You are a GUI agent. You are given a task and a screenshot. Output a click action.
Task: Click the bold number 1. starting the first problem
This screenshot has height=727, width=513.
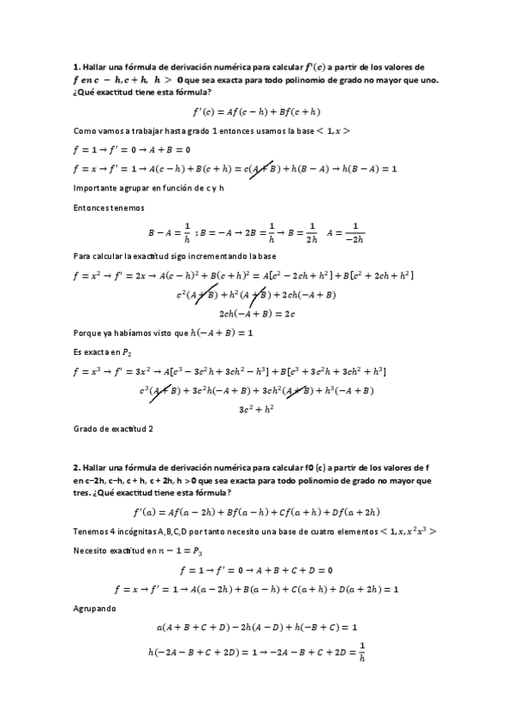[x=76, y=67]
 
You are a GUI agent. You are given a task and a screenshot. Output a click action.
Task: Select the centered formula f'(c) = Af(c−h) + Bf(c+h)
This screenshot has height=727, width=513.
[x=256, y=111]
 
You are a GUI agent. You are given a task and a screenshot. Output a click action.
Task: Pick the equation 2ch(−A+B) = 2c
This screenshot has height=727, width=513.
[x=256, y=313]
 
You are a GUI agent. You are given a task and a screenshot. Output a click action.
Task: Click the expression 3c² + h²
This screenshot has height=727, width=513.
[x=256, y=409]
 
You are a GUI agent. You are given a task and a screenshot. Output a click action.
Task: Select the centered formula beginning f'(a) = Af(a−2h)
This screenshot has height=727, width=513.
[x=256, y=513]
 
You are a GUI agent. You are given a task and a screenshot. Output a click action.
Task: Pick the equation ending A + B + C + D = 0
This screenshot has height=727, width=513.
[x=256, y=569]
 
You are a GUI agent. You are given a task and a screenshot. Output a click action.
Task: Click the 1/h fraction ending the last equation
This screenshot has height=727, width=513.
[x=362, y=652]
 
